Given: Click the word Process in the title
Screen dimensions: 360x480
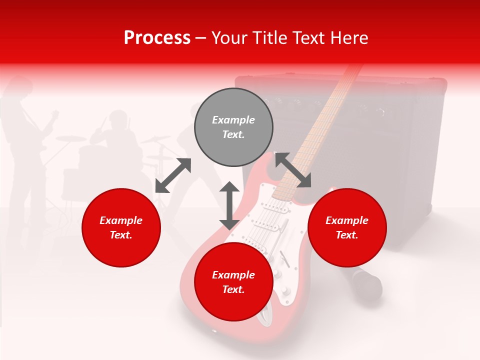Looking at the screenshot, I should coord(157,38).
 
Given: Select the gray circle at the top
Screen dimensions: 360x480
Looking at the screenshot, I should coord(233,127).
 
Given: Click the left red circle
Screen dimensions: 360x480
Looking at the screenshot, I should coord(121,227).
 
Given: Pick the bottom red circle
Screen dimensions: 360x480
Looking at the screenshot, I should coord(233,282).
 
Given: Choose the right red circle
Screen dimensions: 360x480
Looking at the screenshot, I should coord(347,227).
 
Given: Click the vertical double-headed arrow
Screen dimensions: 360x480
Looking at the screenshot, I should coord(229,205).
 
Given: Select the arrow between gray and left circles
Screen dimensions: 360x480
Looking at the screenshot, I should coord(173,175).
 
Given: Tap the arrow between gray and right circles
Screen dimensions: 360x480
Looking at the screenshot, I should coord(293,170).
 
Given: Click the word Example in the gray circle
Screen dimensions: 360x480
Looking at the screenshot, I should coord(233,120).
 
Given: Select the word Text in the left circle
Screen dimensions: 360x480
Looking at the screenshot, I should coord(121,235).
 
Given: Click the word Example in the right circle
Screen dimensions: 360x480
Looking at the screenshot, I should coord(347,220).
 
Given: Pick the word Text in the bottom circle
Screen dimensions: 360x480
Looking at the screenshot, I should coord(233,289).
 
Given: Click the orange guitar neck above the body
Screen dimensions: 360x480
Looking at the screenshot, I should coord(320,125).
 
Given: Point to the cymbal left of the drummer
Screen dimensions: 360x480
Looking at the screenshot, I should coord(71,137).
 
